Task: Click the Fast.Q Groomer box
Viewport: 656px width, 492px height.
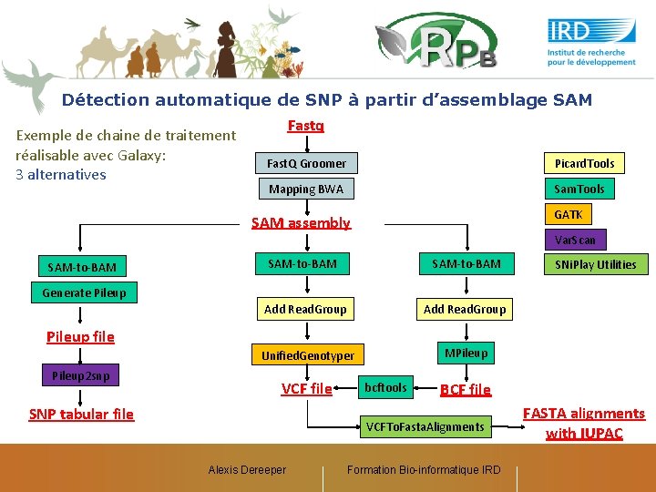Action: pyautogui.click(x=306, y=163)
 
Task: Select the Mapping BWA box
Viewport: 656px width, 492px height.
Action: pyautogui.click(x=306, y=190)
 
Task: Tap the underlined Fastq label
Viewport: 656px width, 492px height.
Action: pyautogui.click(x=306, y=126)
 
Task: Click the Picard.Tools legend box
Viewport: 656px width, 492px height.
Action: pyautogui.click(x=585, y=163)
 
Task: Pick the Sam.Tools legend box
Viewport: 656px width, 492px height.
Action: pyautogui.click(x=579, y=189)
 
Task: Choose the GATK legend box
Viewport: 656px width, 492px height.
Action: pyautogui.click(x=569, y=214)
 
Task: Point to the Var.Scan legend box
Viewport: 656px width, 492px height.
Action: pyautogui.click(x=576, y=240)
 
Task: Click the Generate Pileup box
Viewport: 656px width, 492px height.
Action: pyautogui.click(x=84, y=292)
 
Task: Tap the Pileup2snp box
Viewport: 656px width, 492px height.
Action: pyautogui.click(x=81, y=375)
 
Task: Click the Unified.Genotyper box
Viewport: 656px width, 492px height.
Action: pyautogui.click(x=308, y=355)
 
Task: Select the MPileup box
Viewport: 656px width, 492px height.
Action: pyautogui.click(x=466, y=353)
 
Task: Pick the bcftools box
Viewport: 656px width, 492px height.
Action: pyautogui.click(x=385, y=387)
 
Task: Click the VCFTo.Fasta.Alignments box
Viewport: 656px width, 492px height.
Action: pyautogui.click(x=425, y=426)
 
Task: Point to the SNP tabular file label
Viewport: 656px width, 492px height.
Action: pyautogui.click(x=81, y=414)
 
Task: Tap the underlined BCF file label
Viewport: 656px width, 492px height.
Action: pyautogui.click(x=465, y=389)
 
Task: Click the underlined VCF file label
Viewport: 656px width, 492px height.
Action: pyautogui.click(x=306, y=388)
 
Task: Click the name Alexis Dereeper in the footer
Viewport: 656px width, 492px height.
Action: pyautogui.click(x=247, y=470)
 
